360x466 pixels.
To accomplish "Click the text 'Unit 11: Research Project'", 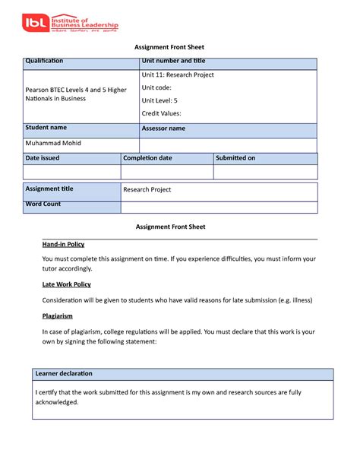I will click(x=178, y=74).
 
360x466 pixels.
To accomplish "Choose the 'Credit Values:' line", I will click(x=162, y=113).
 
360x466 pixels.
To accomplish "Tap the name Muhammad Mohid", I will click(x=53, y=143).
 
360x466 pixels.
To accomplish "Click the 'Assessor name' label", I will click(x=163, y=128).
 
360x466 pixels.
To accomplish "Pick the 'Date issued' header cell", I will click(x=43, y=158).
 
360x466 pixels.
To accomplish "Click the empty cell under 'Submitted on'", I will click(x=265, y=172).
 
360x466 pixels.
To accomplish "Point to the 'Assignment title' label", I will click(x=49, y=189).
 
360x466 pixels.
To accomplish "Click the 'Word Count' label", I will click(x=43, y=204).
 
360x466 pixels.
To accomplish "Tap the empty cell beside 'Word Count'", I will click(x=219, y=207).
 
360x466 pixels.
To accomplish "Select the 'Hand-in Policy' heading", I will click(x=63, y=244).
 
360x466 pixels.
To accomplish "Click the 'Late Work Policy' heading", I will click(x=66, y=284).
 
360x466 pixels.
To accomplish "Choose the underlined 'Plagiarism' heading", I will click(x=57, y=315).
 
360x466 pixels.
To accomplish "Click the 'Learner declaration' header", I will click(x=64, y=373).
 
